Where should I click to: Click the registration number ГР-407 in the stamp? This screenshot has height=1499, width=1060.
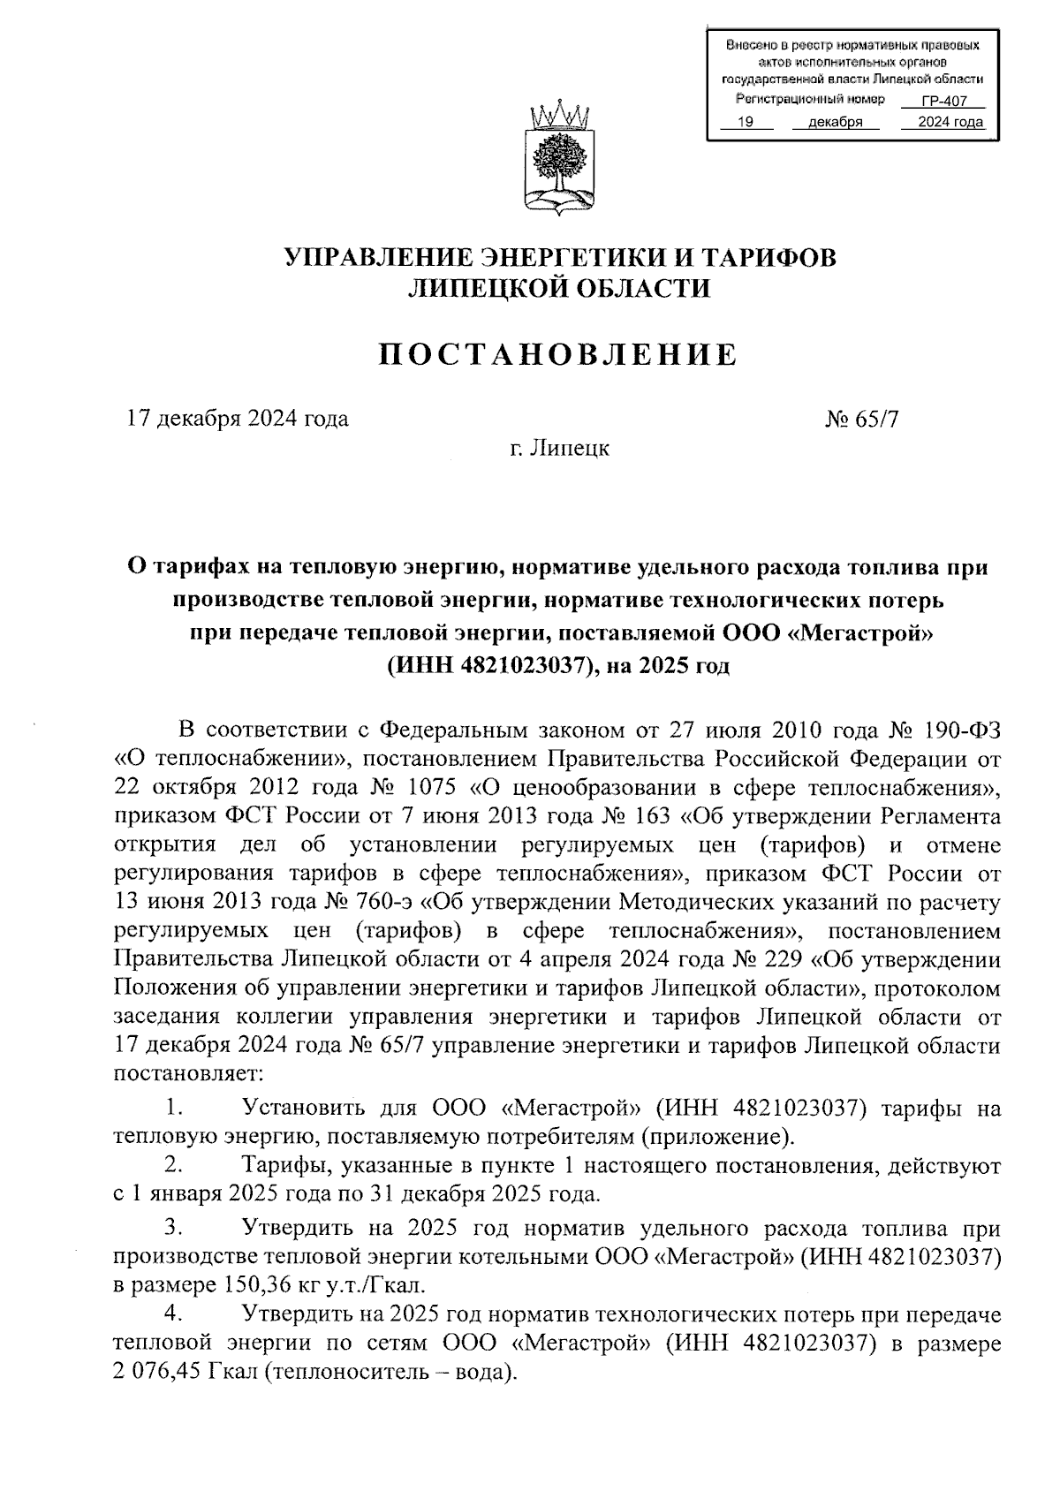(x=943, y=101)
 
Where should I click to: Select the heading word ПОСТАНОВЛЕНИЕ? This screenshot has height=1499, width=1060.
(x=557, y=354)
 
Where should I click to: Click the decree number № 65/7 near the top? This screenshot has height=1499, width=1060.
(x=861, y=418)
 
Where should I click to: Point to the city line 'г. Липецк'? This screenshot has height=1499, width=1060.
(x=559, y=448)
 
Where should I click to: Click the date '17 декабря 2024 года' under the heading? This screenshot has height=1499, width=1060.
(x=238, y=418)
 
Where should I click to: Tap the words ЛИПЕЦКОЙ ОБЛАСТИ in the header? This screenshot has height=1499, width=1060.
(x=557, y=287)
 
